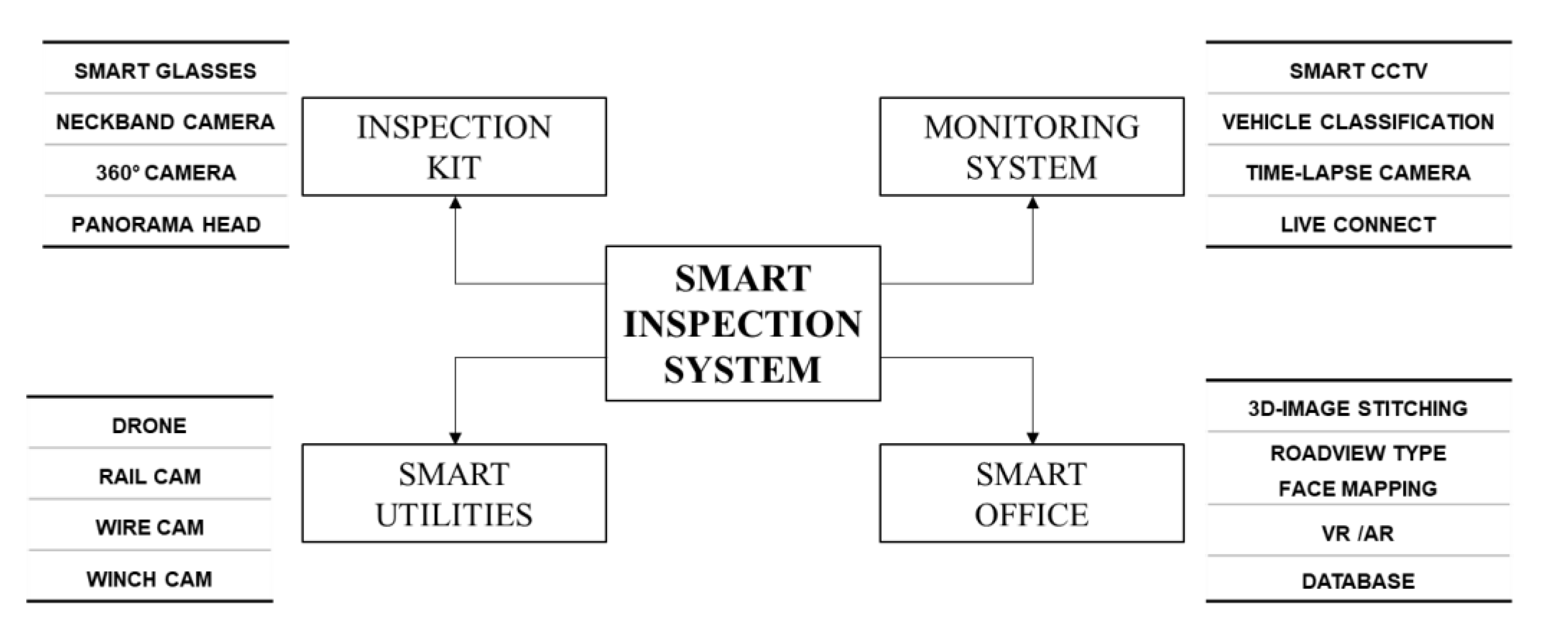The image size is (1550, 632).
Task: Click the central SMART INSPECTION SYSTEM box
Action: [743, 323]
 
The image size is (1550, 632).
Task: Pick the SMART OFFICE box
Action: [1031, 493]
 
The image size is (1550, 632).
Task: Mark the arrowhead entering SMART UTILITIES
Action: [455, 437]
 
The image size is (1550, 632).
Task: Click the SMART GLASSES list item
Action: [166, 71]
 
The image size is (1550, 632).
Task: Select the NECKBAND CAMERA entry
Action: [166, 122]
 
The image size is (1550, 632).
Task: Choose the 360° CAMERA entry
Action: [166, 173]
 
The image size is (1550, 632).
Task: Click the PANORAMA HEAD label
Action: [166, 225]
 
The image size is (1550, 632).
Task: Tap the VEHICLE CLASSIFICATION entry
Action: [1358, 122]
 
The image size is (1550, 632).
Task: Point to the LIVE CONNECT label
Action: [1358, 225]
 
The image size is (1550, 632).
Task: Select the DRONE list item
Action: [149, 425]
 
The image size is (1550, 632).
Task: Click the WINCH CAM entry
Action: [149, 579]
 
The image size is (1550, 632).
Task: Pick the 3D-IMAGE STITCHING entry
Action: [1358, 409]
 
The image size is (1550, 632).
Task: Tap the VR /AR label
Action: [1358, 533]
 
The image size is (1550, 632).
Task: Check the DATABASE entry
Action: [1358, 581]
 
